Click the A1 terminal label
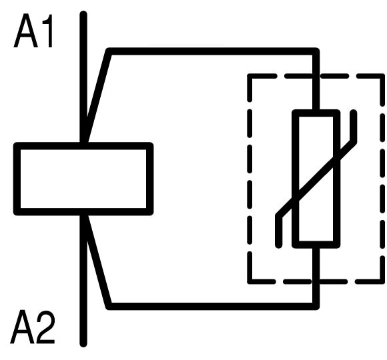pyautogui.click(x=33, y=31)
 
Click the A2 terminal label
pyautogui.click(x=32, y=327)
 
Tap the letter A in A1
pyautogui.click(x=25, y=31)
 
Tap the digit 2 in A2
pyautogui.click(x=45, y=327)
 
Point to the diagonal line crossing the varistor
pyautogui.click(x=316, y=179)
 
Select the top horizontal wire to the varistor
pyautogui.click(x=213, y=51)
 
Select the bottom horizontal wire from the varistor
pyautogui.click(x=213, y=306)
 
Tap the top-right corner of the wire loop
pyautogui.click(x=316, y=51)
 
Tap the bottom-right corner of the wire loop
pyautogui.click(x=316, y=307)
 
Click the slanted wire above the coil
pyautogui.click(x=97, y=97)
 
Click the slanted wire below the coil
pyautogui.click(x=97, y=261)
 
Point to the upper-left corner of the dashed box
pyautogui.click(x=250, y=76)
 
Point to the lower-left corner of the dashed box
pyautogui.click(x=250, y=281)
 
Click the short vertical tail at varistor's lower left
pyautogui.click(x=279, y=231)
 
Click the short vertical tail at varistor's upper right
pyautogui.click(x=354, y=126)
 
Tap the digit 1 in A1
pyautogui.click(x=48, y=31)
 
